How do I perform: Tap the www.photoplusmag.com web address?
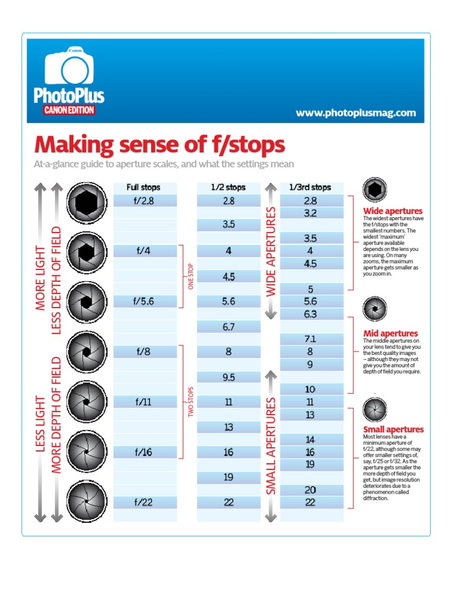coord(355,113)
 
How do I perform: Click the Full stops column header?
coord(143,187)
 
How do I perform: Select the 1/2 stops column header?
coord(228,187)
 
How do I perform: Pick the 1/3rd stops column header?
coord(310,187)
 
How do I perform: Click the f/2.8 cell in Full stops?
coord(144,201)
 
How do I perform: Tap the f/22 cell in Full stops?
coord(144,503)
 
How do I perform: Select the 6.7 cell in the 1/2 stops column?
coord(228,327)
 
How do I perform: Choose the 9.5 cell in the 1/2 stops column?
coord(228,377)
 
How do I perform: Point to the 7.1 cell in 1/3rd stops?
coord(310,339)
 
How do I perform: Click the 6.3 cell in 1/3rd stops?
coord(310,314)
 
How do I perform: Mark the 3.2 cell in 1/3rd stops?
coord(310,213)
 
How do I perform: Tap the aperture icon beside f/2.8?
coord(86,201)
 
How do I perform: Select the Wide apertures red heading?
coord(393,211)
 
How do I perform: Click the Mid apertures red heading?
coord(390,334)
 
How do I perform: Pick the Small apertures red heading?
coord(393,429)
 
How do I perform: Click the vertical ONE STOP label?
coord(192,276)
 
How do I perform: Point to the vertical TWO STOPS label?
coord(192,401)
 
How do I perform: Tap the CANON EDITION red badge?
coord(68,110)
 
